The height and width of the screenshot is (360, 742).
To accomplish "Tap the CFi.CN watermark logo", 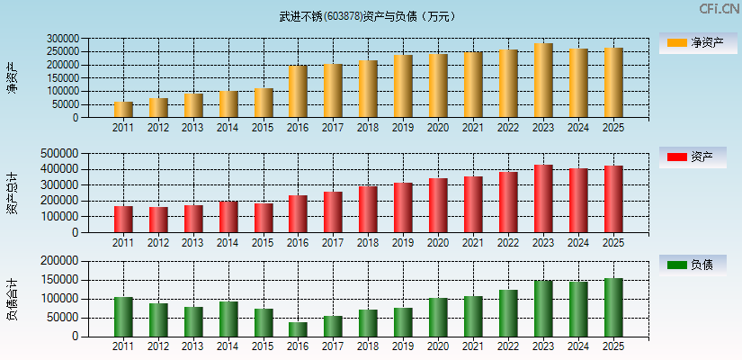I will (x=720, y=9).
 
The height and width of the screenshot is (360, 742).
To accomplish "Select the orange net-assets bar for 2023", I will (x=542, y=80).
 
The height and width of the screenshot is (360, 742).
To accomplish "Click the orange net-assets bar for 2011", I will (x=123, y=110).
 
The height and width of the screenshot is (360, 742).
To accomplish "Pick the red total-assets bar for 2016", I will (x=298, y=214).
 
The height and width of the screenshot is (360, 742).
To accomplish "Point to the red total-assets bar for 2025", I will (x=612, y=199).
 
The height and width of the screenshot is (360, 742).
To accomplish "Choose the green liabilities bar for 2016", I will (x=298, y=329).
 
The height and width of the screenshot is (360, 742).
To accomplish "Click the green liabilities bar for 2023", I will (x=542, y=309).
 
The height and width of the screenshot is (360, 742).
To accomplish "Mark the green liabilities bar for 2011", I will (x=123, y=317).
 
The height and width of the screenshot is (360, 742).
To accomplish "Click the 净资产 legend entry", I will (x=698, y=42).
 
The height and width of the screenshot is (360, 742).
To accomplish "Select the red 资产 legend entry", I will (x=698, y=157).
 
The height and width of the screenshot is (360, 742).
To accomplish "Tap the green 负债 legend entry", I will (x=698, y=265).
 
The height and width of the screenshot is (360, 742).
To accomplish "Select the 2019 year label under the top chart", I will (x=403, y=128).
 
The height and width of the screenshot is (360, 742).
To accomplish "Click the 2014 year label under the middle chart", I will (x=228, y=243).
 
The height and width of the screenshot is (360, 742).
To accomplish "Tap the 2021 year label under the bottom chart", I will (x=473, y=346).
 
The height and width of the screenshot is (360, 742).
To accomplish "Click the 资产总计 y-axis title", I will (x=12, y=194).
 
